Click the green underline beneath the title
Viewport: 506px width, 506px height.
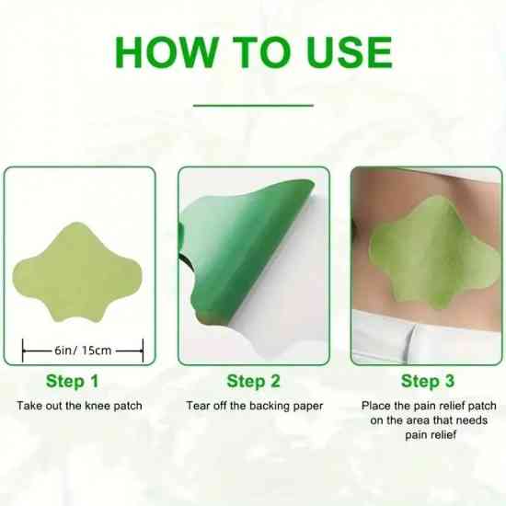(252, 105)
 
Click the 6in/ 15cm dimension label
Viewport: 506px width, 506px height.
(84, 350)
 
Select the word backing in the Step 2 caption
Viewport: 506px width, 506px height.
(267, 406)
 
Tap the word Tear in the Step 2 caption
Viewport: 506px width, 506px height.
(201, 406)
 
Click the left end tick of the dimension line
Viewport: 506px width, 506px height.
(24, 350)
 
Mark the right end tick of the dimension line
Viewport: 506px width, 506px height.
(144, 350)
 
